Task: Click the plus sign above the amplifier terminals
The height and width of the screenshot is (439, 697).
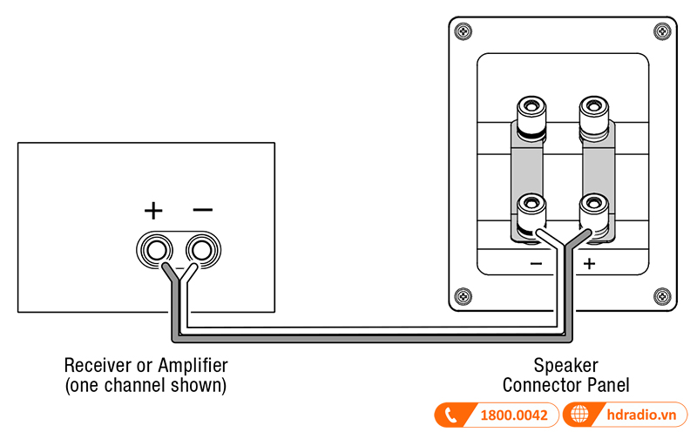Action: tap(153, 211)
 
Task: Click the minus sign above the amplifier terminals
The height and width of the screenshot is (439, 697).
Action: tap(202, 210)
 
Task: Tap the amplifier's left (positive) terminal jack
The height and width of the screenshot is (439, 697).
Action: tap(157, 251)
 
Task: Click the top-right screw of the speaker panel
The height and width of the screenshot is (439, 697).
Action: tap(662, 31)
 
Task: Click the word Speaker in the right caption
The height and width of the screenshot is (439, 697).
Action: tap(566, 365)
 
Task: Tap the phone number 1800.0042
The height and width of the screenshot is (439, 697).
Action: tap(514, 415)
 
